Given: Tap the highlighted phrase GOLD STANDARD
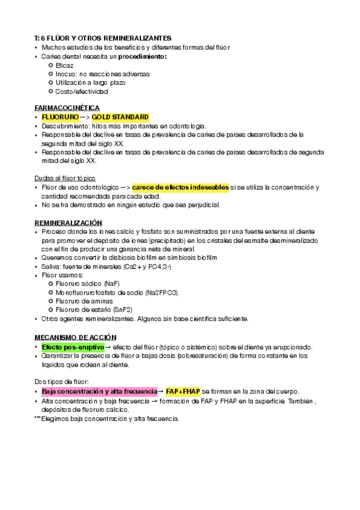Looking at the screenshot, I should [120, 117].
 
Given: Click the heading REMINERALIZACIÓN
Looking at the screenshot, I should [69, 223].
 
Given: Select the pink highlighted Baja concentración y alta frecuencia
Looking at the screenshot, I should [99, 391].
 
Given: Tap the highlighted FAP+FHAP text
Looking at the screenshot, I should [183, 391].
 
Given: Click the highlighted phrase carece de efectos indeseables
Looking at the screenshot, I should [180, 188].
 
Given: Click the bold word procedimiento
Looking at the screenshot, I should [142, 56].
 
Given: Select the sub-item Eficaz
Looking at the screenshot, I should [64, 65].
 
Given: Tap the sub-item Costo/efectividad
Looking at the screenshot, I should [81, 92].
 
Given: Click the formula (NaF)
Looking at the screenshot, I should [111, 283].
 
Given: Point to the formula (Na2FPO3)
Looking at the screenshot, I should [161, 292].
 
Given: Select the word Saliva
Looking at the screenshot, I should [52, 266].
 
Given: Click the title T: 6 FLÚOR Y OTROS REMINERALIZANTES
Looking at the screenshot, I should [103, 38].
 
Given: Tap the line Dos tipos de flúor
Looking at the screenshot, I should [61, 381].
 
